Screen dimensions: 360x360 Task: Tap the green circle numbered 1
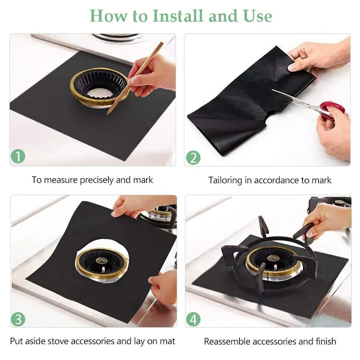pos(18,157)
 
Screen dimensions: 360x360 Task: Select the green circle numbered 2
pos(193,158)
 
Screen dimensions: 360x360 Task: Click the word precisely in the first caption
pos(96,180)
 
